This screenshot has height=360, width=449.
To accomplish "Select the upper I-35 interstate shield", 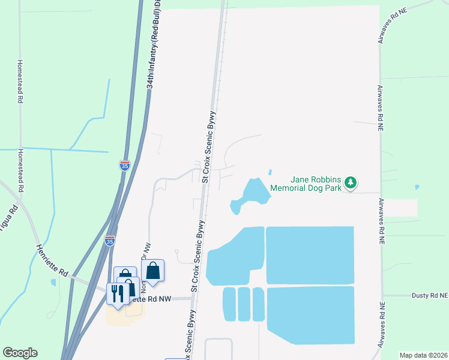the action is click(x=124, y=166).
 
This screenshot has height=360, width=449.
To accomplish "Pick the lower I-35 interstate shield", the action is click(x=109, y=241).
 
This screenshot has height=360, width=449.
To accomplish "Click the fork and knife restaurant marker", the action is click(x=117, y=293).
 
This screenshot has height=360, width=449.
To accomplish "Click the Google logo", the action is click(x=20, y=353).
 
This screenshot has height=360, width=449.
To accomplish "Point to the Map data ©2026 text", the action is click(x=423, y=355).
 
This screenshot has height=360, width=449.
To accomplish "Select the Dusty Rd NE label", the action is click(x=430, y=295).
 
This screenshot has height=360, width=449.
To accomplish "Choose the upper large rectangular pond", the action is click(x=310, y=255).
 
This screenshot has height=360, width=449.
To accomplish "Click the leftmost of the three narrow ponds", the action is click(x=229, y=304).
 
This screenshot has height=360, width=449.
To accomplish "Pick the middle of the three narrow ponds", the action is click(x=243, y=304).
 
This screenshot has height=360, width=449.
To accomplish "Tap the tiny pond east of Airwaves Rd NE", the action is click(x=417, y=187).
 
